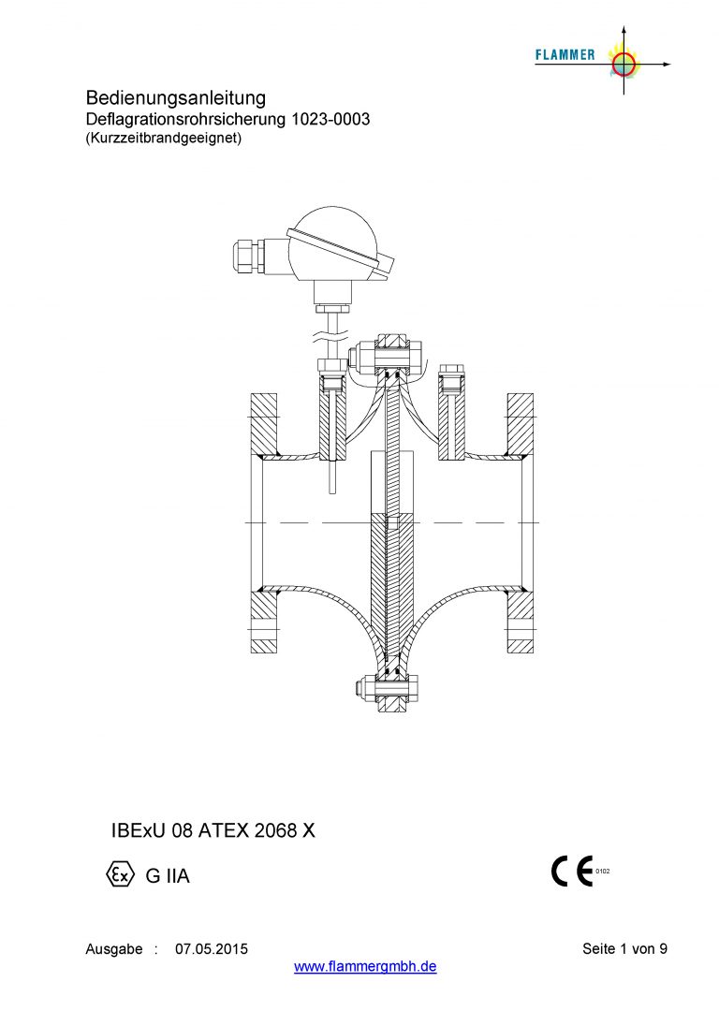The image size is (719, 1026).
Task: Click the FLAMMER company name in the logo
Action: (x=565, y=55)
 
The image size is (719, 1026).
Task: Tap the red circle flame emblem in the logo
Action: (x=624, y=64)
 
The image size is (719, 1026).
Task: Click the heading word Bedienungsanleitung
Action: (x=176, y=98)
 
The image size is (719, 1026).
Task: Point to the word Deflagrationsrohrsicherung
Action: (x=185, y=120)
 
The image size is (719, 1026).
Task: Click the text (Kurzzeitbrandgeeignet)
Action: (x=164, y=138)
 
